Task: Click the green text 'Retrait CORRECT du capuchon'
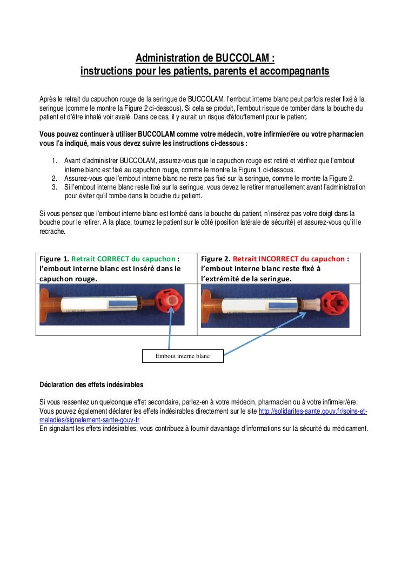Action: point(124,259)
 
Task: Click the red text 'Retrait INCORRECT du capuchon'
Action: point(290,259)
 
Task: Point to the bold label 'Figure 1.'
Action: point(54,259)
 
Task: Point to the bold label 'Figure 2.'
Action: point(215,259)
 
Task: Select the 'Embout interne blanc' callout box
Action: point(182,356)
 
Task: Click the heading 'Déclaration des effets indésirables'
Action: point(91,385)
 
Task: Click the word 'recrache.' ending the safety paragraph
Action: point(53,231)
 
